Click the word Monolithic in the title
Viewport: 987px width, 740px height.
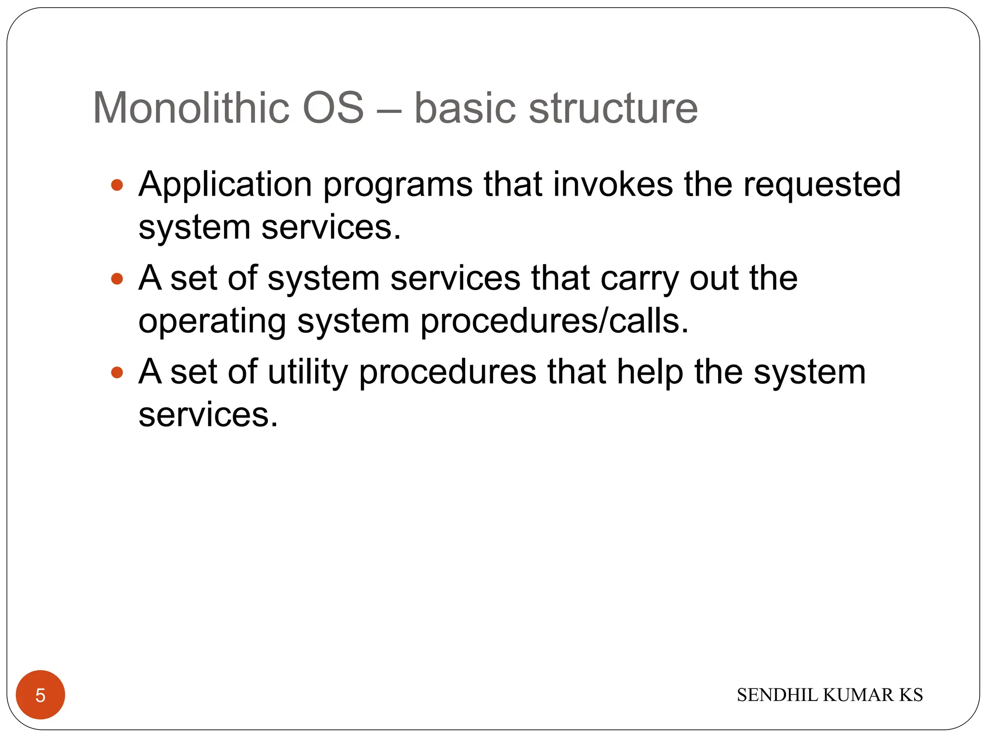[x=191, y=108]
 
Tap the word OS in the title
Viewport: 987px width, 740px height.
[x=333, y=108]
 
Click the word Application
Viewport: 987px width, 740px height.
[x=225, y=185]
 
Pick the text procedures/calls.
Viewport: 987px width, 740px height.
[x=554, y=322]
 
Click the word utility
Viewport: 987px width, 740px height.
[x=307, y=373]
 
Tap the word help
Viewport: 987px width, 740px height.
[x=650, y=373]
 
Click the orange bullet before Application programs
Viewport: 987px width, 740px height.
[x=117, y=185]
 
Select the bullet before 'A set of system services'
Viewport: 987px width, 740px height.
[x=117, y=278]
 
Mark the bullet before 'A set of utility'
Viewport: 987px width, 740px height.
[x=117, y=372]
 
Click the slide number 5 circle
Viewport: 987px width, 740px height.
[x=40, y=695]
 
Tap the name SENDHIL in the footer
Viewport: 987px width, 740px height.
[x=778, y=695]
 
